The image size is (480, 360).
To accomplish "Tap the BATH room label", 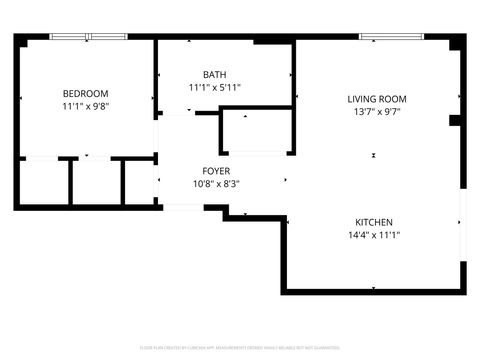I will [x=214, y=75].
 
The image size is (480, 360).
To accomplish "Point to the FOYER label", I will [x=215, y=171].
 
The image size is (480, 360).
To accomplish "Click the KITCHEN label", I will [x=373, y=222].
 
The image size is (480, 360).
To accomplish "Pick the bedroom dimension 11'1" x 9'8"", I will [x=85, y=105].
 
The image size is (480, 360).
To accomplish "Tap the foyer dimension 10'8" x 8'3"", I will [x=215, y=183].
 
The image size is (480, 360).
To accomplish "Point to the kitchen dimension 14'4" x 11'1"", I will [x=373, y=235].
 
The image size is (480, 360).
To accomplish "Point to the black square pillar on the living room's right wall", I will [x=455, y=121].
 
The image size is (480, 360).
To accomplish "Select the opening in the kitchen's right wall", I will [x=463, y=225].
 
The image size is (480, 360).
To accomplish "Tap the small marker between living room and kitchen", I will [x=373, y=155].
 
